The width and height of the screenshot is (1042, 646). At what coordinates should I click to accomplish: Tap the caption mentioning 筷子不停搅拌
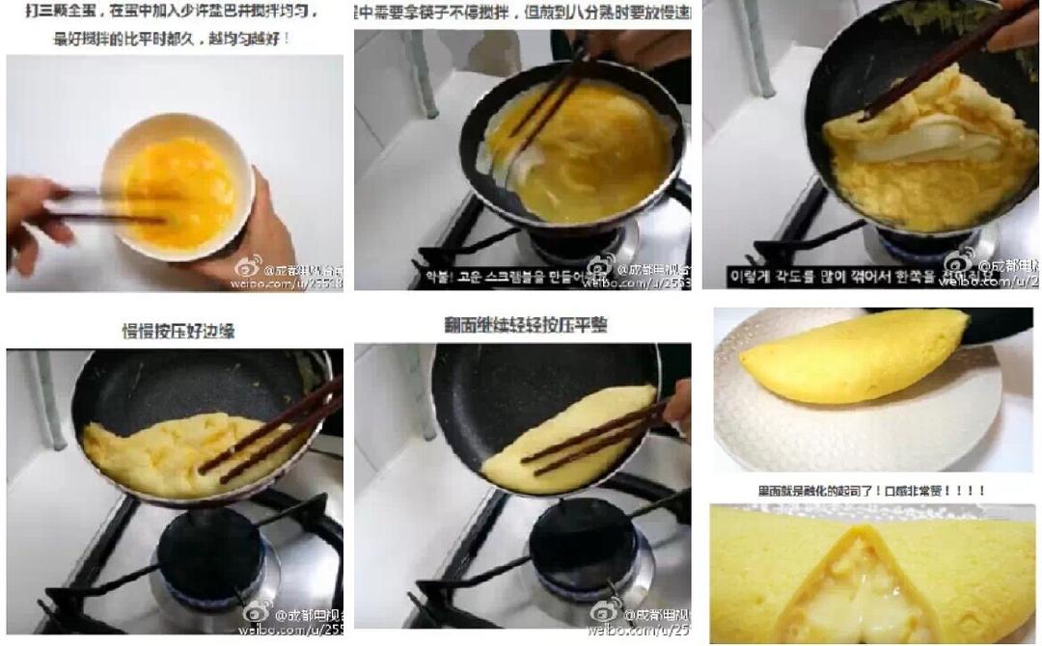tap(521, 13)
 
